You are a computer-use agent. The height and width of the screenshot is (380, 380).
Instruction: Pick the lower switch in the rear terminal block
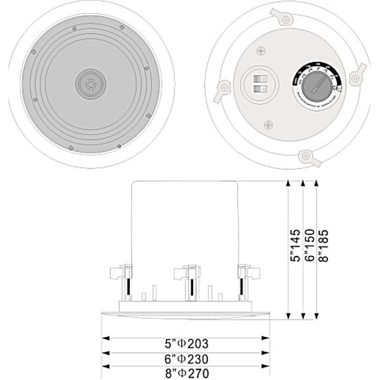coord(259,91)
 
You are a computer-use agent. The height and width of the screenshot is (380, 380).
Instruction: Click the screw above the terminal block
coord(260,49)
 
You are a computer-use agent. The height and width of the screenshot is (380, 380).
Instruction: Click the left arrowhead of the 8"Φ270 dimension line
coord(104,366)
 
